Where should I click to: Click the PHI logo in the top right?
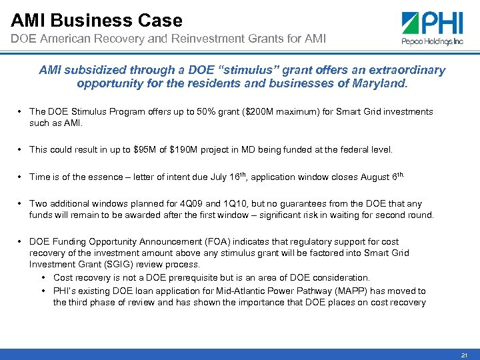433,29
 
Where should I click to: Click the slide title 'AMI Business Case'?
97,20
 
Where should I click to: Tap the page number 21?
464,354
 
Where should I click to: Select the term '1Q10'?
213,204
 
